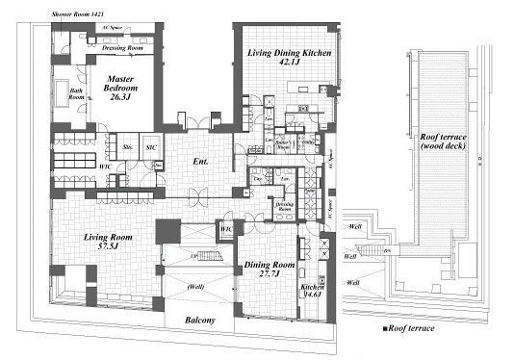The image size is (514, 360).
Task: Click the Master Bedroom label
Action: click(x=121, y=85)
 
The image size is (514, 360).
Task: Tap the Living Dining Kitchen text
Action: click(x=287, y=54)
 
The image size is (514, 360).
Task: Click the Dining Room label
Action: click(x=270, y=264)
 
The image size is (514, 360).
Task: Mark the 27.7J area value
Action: click(x=270, y=275)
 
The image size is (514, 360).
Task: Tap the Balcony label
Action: click(x=199, y=320)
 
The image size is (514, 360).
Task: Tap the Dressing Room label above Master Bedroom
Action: click(x=122, y=47)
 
